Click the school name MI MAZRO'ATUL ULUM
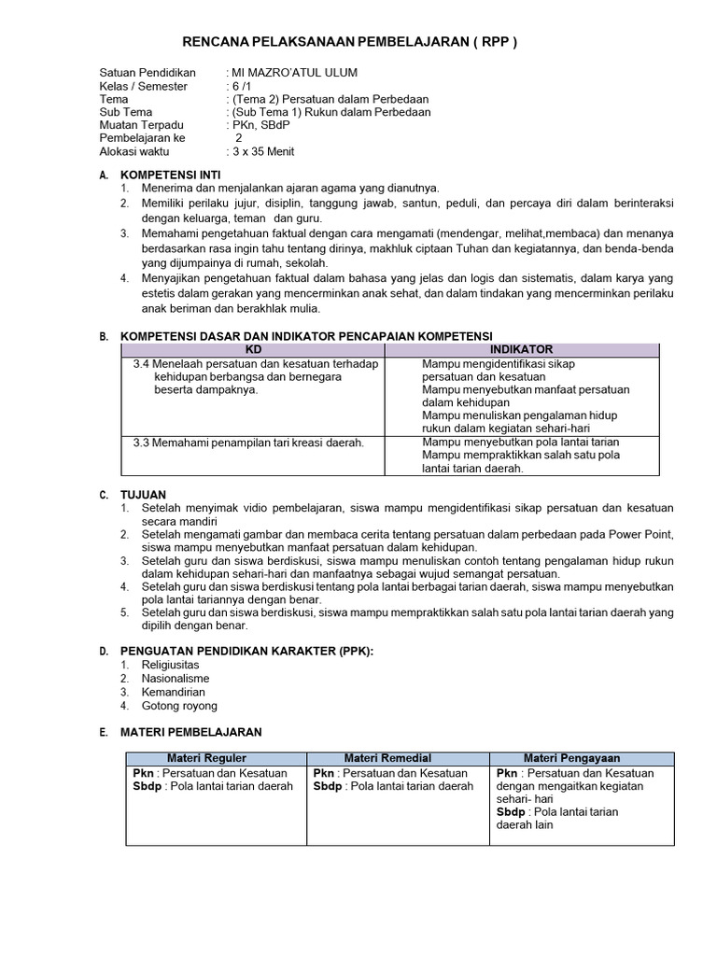[x=293, y=73]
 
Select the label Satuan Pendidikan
[x=147, y=73]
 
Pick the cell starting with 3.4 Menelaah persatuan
[x=255, y=377]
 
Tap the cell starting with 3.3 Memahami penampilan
[x=248, y=442]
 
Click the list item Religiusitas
[x=171, y=664]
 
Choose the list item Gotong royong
[x=179, y=706]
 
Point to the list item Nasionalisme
[x=176, y=678]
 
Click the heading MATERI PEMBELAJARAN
[x=191, y=733]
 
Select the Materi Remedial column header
[x=401, y=758]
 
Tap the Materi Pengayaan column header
[x=583, y=758]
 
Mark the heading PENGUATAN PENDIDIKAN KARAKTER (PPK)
[x=247, y=650]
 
